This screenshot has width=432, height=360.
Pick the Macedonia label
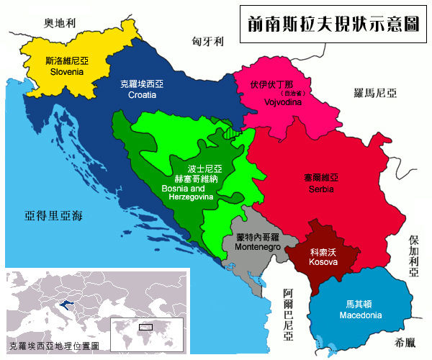(x=359, y=310)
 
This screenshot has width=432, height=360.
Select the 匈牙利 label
(x=209, y=42)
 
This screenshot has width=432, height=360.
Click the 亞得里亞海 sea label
(x=54, y=215)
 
